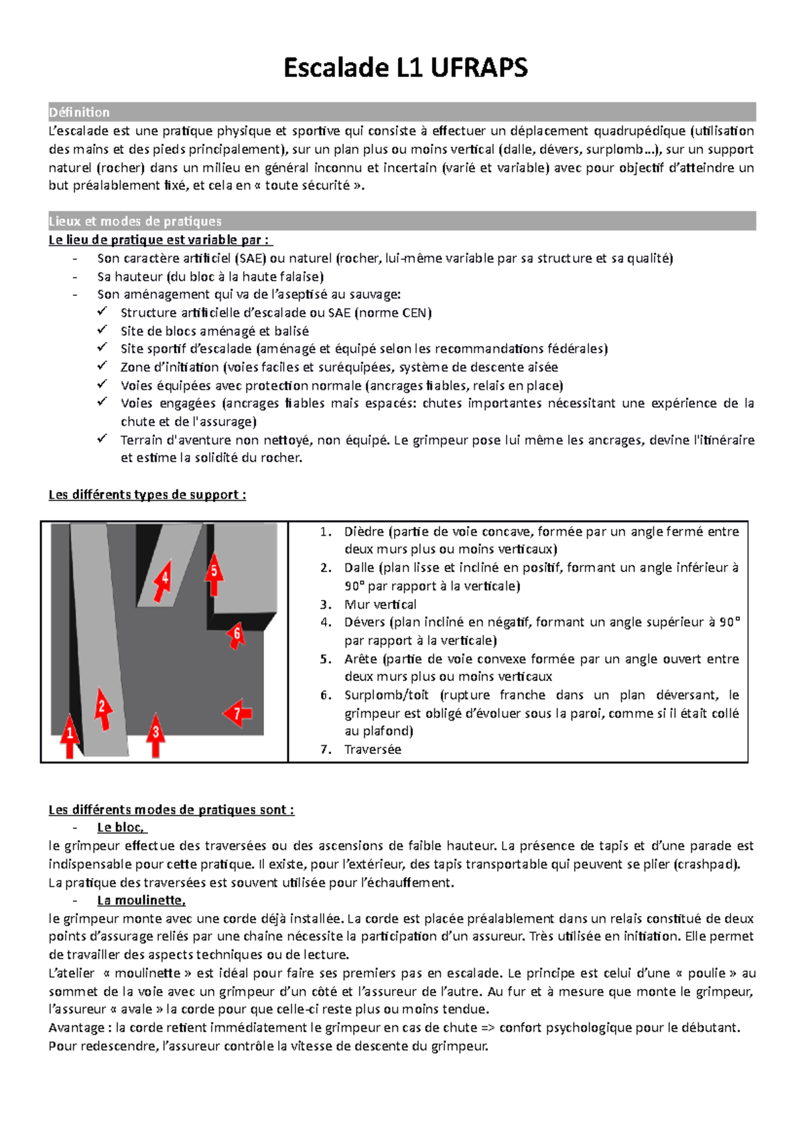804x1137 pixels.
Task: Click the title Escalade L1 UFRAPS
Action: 405,68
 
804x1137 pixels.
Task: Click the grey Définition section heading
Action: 79,112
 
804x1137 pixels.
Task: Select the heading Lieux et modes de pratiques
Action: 135,221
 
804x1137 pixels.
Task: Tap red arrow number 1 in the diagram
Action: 69,735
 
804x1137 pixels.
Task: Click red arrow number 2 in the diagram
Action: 102,708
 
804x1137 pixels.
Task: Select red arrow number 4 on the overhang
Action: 163,579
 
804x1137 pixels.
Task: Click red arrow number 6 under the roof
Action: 235,635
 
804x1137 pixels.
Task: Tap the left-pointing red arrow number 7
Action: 237,714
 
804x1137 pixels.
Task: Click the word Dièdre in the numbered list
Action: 364,532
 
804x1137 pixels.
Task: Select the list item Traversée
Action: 373,749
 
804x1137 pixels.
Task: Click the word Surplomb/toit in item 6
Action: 387,695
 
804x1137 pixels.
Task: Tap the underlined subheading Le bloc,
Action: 121,828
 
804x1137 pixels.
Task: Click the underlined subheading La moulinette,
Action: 141,901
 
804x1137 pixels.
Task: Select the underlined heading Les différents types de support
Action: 147,495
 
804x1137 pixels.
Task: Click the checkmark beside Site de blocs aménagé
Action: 102,330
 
